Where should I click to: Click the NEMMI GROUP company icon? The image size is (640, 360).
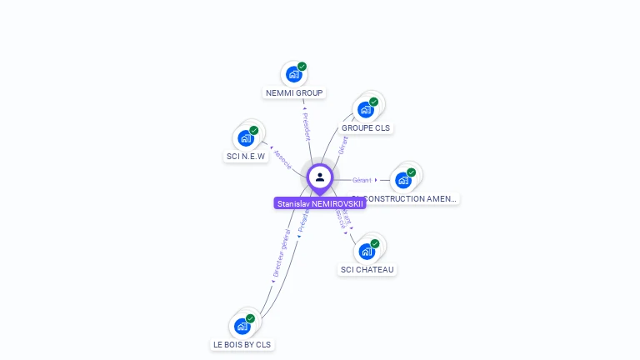pyautogui.click(x=292, y=74)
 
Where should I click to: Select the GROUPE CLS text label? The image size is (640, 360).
pyautogui.click(x=366, y=128)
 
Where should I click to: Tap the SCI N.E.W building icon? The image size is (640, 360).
pyautogui.click(x=246, y=137)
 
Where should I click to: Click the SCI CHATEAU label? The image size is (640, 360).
pyautogui.click(x=367, y=269)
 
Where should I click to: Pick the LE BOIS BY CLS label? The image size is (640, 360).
pyautogui.click(x=242, y=344)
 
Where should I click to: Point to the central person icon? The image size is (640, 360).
pyautogui.click(x=320, y=177)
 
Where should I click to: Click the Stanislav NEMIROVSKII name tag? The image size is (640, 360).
pyautogui.click(x=320, y=203)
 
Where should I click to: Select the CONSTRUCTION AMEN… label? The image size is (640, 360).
pyautogui.click(x=411, y=199)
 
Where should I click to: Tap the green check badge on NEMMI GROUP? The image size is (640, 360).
pyautogui.click(x=302, y=67)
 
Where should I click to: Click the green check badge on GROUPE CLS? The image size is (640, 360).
pyautogui.click(x=374, y=102)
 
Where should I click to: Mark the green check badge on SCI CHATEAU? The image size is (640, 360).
pyautogui.click(x=375, y=243)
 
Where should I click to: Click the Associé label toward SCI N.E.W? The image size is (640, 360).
pyautogui.click(x=282, y=159)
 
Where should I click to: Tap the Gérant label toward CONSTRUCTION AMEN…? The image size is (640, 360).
pyautogui.click(x=362, y=180)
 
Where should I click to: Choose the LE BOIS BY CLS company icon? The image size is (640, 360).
pyautogui.click(x=242, y=325)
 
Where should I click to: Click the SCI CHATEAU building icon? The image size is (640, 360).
pyautogui.click(x=366, y=251)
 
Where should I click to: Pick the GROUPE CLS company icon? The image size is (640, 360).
pyautogui.click(x=365, y=109)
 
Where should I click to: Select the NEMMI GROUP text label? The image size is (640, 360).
pyautogui.click(x=294, y=93)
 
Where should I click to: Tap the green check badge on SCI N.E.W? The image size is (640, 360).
pyautogui.click(x=254, y=130)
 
